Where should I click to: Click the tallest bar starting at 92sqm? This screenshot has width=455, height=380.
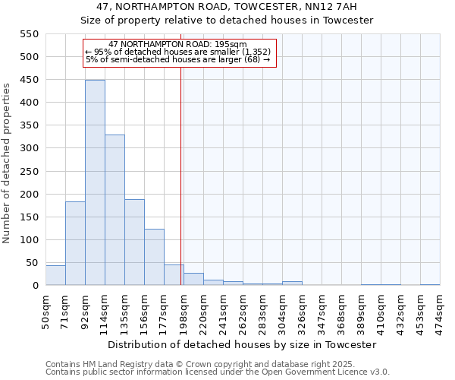pyautogui.click(x=95, y=182)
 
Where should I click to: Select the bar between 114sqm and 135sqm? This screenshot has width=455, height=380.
pyautogui.click(x=115, y=210)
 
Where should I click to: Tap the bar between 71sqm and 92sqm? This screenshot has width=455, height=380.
pyautogui.click(x=75, y=243)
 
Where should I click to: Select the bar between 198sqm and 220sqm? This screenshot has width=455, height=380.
pyautogui.click(x=193, y=279)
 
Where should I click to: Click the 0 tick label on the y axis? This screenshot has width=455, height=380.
pyautogui.click(x=35, y=286)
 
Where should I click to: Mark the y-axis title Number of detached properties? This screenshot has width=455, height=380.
pyautogui.click(x=8, y=163)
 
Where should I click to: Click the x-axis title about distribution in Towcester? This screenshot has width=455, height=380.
pyautogui.click(x=242, y=344)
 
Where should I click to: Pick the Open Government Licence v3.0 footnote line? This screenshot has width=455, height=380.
pyautogui.click(x=218, y=372)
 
